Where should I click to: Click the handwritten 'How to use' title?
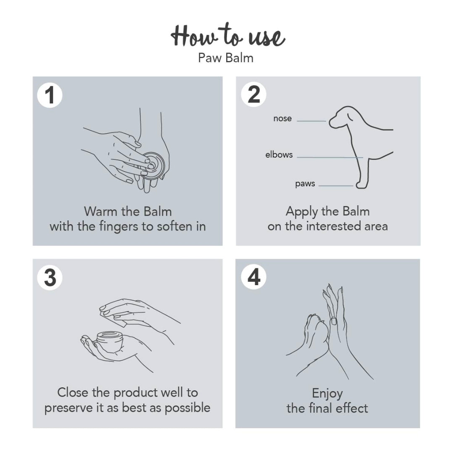pyautogui.click(x=227, y=37)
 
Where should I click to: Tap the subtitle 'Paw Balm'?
pyautogui.click(x=226, y=58)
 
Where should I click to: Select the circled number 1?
pyautogui.click(x=50, y=95)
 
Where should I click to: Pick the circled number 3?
pyautogui.click(x=50, y=278)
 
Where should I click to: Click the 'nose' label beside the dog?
pyautogui.click(x=282, y=119)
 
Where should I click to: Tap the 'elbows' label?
pyautogui.click(x=279, y=155)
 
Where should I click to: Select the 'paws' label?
pyautogui.click(x=305, y=184)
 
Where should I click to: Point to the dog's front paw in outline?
pyautogui.click(x=360, y=185)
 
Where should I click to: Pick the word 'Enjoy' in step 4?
pyautogui.click(x=327, y=393)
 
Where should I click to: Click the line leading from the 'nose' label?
pyautogui.click(x=311, y=121)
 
